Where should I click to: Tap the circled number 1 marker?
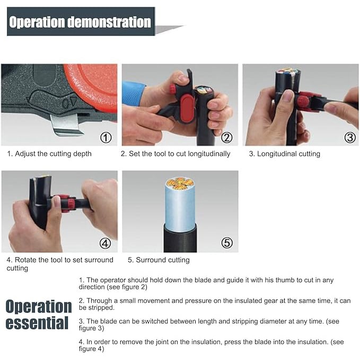coord(106,138)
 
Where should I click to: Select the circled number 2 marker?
coord(226,138)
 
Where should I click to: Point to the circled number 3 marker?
coord(349,137)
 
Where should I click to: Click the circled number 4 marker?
coord(105,244)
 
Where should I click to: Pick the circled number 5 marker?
coord(226,243)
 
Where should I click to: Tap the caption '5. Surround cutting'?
coord(159,260)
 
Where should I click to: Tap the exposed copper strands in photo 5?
coord(180,184)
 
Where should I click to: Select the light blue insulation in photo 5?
coord(180,207)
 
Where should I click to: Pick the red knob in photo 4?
coord(65,203)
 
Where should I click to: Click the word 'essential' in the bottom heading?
coord(37,323)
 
